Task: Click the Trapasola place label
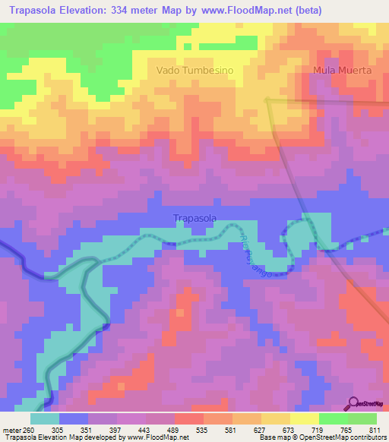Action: click(195, 219)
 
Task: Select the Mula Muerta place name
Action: click(343, 71)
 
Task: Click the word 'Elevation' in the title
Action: click(93, 11)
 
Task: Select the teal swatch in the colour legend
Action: click(45, 418)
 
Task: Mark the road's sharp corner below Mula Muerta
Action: click(265, 97)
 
